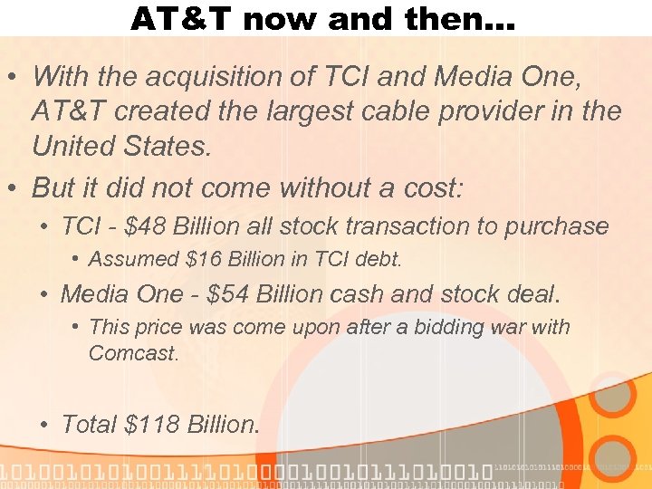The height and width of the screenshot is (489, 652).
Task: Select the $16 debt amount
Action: (x=201, y=260)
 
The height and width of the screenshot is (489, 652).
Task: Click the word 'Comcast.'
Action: (x=133, y=353)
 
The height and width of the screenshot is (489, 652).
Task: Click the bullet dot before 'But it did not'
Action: (x=14, y=188)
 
